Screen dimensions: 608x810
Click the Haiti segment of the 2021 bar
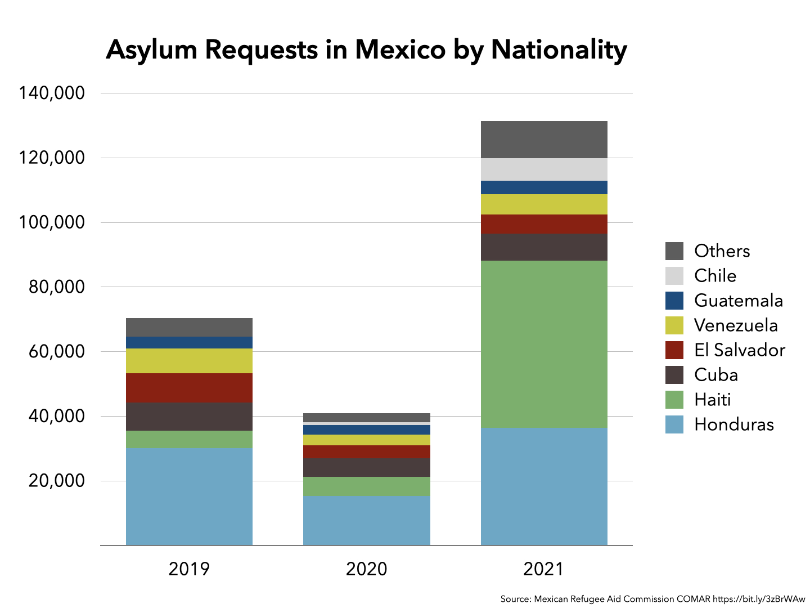tap(544, 343)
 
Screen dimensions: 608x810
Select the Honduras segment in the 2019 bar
tap(189, 496)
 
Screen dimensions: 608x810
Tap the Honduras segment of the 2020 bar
tap(367, 520)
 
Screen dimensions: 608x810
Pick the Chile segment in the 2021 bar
tap(544, 169)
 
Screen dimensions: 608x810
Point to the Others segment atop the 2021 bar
tap(544, 139)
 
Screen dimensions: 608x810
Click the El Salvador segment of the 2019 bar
tap(189, 388)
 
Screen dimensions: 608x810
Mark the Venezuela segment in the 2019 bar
tap(189, 361)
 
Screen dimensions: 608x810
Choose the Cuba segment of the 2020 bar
tap(367, 467)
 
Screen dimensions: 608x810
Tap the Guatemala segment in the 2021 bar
tap(544, 187)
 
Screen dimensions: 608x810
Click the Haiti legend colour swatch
tap(674, 400)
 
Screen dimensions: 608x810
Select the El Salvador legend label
tap(739, 350)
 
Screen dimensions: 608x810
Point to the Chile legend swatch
tap(674, 276)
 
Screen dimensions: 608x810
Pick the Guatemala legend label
tap(738, 301)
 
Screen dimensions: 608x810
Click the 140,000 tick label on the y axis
tap(52, 93)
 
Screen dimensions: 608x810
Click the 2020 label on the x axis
tap(367, 569)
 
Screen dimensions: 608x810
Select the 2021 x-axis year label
tap(543, 569)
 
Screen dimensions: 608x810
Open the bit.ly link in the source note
tap(759, 599)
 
